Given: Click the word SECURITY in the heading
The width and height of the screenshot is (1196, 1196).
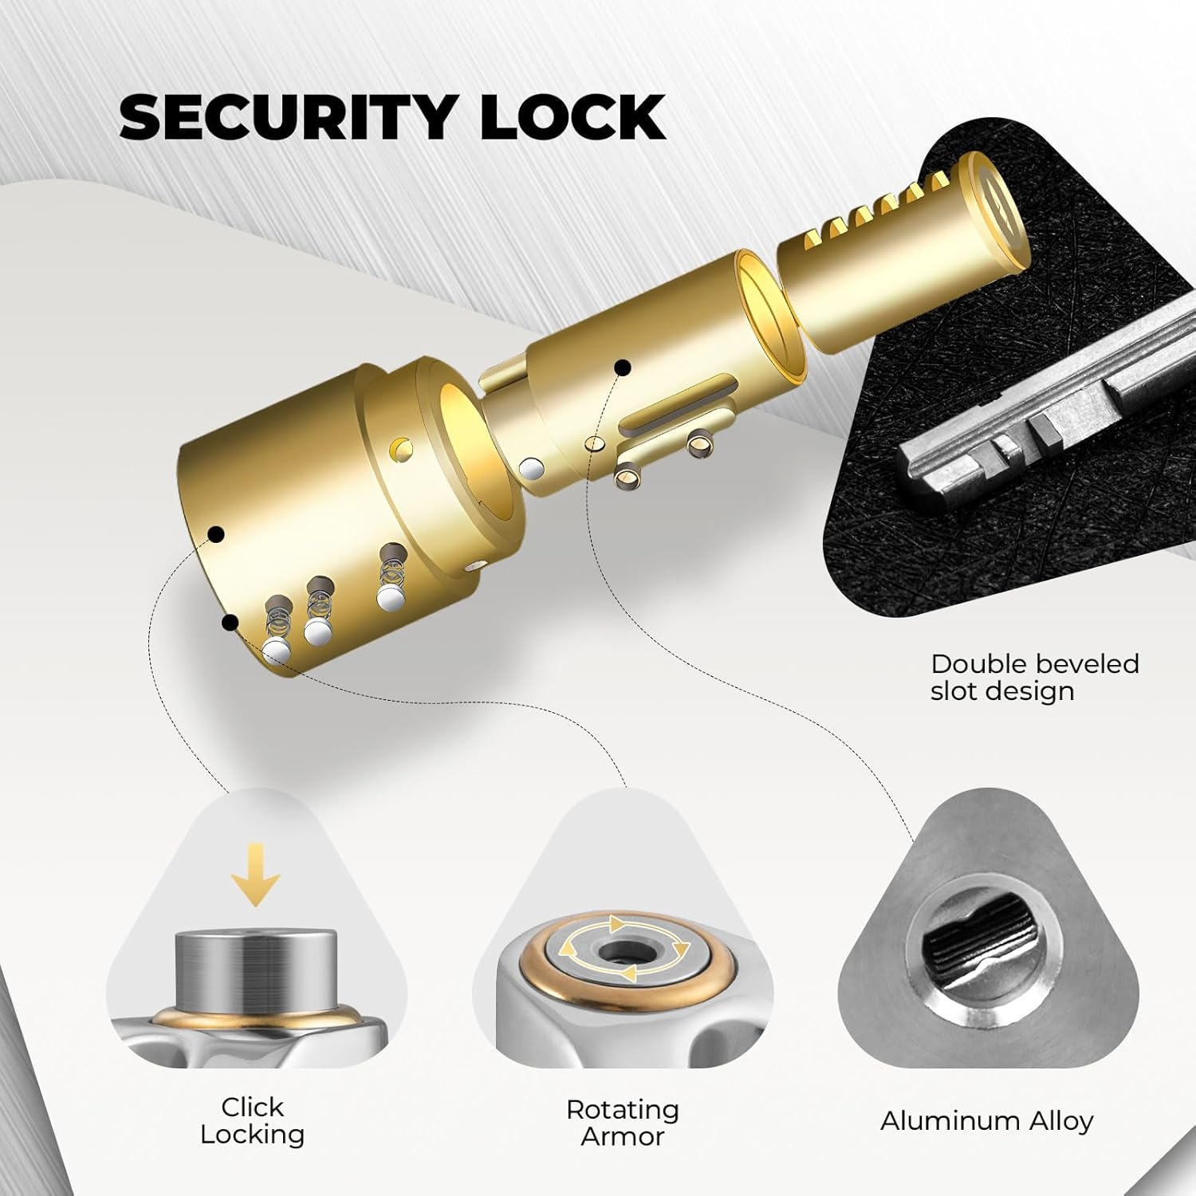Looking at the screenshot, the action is click(x=287, y=116).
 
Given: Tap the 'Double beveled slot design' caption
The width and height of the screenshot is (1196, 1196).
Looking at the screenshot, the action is click(x=1034, y=677).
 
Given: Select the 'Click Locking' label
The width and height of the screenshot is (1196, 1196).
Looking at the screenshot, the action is click(x=252, y=1120).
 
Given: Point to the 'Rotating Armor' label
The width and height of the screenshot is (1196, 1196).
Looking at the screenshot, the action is click(x=623, y=1123).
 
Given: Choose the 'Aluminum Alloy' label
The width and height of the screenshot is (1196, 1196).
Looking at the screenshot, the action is click(x=986, y=1121).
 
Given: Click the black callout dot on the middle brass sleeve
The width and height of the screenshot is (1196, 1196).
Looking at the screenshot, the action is click(x=623, y=368).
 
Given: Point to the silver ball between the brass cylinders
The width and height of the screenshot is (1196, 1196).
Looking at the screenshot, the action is click(x=530, y=469).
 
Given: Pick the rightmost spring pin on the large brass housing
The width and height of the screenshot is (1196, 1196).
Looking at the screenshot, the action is click(x=391, y=577).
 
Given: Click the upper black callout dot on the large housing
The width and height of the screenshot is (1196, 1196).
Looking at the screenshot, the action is click(x=215, y=534).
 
